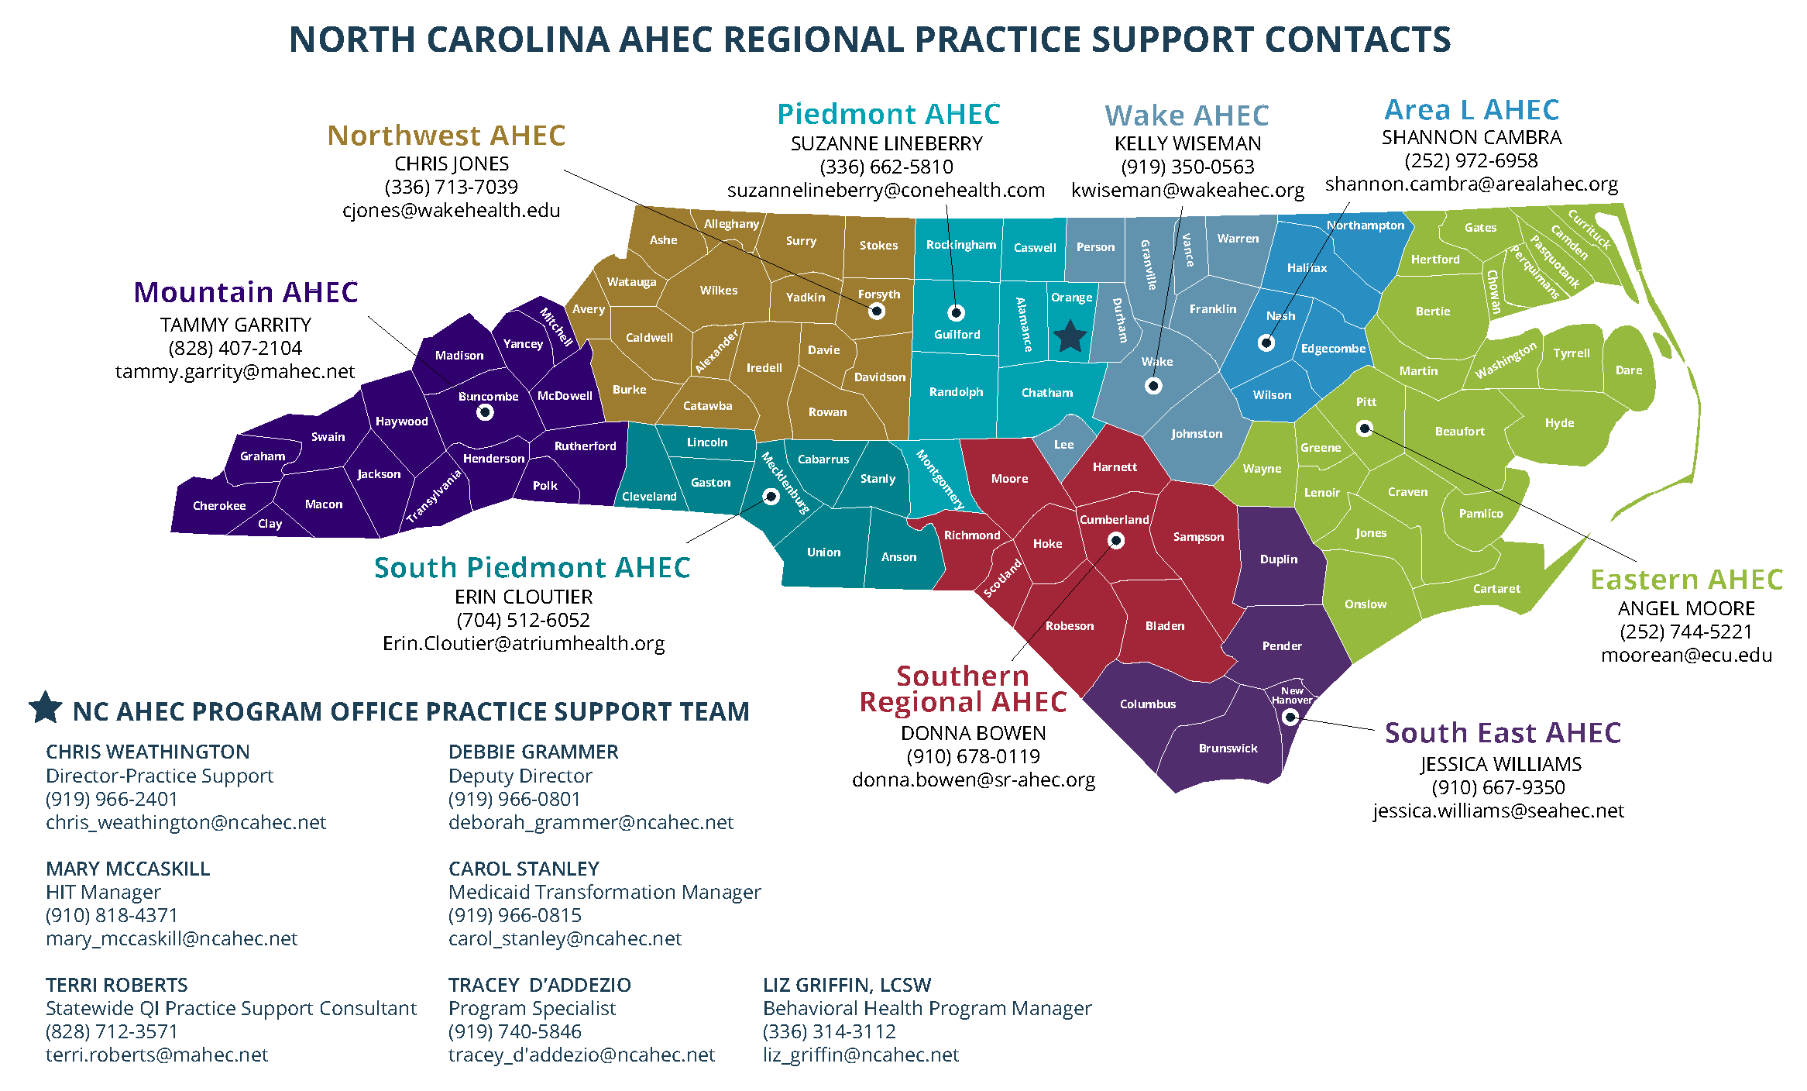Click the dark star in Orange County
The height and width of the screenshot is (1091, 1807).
(x=1070, y=336)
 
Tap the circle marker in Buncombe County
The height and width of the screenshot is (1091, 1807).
(x=485, y=412)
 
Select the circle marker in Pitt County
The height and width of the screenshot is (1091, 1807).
(x=1365, y=428)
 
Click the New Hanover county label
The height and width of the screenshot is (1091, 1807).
(x=1292, y=695)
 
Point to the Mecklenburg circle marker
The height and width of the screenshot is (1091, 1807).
(x=771, y=496)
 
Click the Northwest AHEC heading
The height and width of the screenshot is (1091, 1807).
(x=446, y=136)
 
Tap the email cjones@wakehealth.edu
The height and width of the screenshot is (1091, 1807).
(x=451, y=211)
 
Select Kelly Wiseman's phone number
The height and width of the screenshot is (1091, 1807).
(x=1187, y=167)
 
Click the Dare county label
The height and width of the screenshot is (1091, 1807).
(x=1629, y=370)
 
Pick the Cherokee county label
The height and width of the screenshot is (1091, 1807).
(x=219, y=506)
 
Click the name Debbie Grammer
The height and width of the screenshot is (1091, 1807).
(x=533, y=752)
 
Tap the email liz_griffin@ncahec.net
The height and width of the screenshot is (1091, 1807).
(x=861, y=1055)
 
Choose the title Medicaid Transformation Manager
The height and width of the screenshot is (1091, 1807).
(x=604, y=892)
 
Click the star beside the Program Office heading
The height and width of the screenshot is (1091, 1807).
(x=46, y=707)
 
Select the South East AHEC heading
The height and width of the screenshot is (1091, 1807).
(x=1503, y=733)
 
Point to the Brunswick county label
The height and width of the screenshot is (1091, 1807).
(x=1228, y=749)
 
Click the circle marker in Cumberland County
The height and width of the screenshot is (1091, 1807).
(x=1116, y=541)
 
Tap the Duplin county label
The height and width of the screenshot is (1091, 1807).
(x=1278, y=559)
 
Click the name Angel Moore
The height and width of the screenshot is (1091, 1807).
(x=1686, y=608)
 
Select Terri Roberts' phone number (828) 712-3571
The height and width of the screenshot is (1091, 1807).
(x=112, y=1031)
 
